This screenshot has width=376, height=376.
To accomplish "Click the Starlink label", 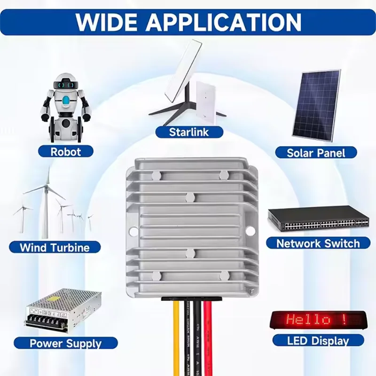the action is pyautogui.click(x=189, y=132).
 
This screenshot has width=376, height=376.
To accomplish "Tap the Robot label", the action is pyautogui.click(x=66, y=152).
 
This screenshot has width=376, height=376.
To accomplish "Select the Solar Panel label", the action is pyautogui.click(x=316, y=153).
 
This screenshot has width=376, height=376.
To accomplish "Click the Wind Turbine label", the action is pyautogui.click(x=55, y=247).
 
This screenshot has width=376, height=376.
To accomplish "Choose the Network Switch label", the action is pyautogui.click(x=318, y=243).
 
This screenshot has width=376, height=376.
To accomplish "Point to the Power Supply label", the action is pyautogui.click(x=66, y=344).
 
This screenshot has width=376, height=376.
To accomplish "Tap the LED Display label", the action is pyautogui.click(x=318, y=341).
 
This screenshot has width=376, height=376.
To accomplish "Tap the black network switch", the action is pyautogui.click(x=318, y=219).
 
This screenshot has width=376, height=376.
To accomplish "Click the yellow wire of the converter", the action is pyautogui.click(x=176, y=338).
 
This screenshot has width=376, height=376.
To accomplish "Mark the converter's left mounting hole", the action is pyautogui.click(x=133, y=231).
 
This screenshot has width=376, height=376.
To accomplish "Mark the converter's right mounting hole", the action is pyautogui.click(x=250, y=231).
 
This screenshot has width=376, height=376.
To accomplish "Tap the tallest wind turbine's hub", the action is pyautogui.click(x=47, y=186).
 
